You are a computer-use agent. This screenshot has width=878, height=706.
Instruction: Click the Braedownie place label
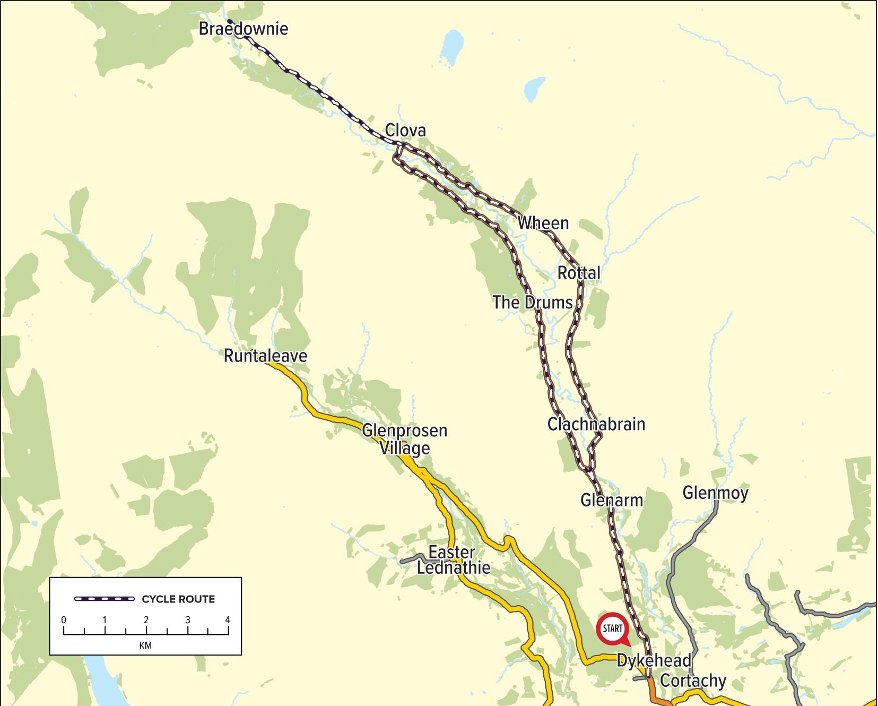pyautogui.click(x=244, y=29)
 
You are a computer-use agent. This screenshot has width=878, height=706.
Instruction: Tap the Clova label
pyautogui.click(x=405, y=130)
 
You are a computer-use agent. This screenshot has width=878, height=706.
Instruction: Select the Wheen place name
pyautogui.click(x=543, y=223)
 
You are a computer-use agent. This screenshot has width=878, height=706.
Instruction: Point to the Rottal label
pyautogui.click(x=579, y=273)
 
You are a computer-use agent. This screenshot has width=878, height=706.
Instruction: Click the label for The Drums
pyautogui.click(x=532, y=303)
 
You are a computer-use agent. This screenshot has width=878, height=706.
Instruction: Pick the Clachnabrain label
pyautogui.click(x=596, y=424)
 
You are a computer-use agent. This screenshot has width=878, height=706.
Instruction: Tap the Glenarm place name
pyautogui.click(x=612, y=500)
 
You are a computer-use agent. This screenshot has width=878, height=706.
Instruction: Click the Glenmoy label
pyautogui.click(x=715, y=493)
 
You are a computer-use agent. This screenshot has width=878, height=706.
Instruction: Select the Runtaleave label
pyautogui.click(x=265, y=356)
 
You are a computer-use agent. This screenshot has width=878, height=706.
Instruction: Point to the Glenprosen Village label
pyautogui.click(x=405, y=439)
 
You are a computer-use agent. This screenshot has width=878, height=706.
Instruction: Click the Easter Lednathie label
pyautogui.click(x=453, y=560)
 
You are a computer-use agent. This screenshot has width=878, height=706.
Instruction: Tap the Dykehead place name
pyautogui.click(x=654, y=661)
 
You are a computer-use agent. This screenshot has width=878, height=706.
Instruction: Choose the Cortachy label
pyautogui.click(x=693, y=681)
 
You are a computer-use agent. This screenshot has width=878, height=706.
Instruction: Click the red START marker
pyautogui.click(x=612, y=629)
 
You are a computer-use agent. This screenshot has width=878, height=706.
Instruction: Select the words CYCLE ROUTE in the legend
pyautogui.click(x=178, y=599)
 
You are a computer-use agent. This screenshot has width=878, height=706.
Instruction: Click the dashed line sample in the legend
pyautogui.click(x=105, y=599)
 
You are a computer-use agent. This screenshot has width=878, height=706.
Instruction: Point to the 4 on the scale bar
pyautogui.click(x=228, y=619)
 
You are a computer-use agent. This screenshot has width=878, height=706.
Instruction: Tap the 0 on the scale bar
pyautogui.click(x=64, y=619)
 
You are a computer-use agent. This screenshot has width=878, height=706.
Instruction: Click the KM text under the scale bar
pyautogui.click(x=145, y=645)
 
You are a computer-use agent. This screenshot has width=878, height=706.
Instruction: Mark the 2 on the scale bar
pyautogui.click(x=146, y=619)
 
